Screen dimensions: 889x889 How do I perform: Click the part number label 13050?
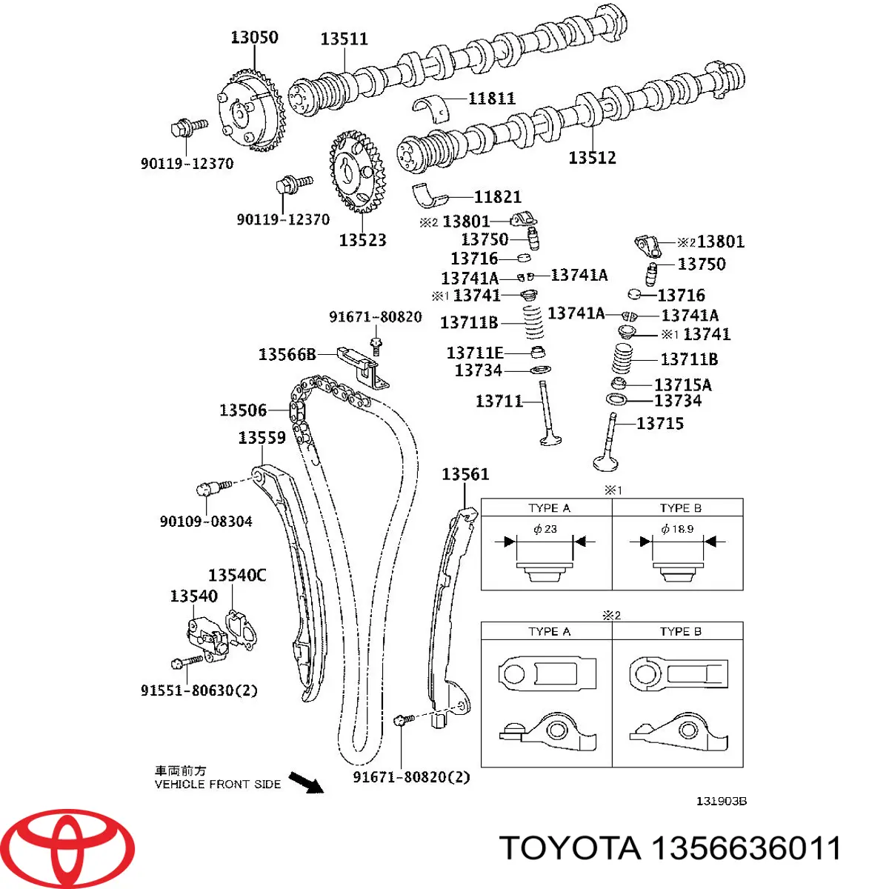pyautogui.click(x=254, y=37)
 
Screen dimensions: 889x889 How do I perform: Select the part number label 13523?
pyautogui.click(x=362, y=240)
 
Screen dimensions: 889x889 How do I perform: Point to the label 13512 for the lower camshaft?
pyautogui.click(x=592, y=157)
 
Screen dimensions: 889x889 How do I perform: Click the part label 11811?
pyautogui.click(x=491, y=98)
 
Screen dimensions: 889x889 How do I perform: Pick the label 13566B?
pyautogui.click(x=287, y=354)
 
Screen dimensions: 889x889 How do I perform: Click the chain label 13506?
pyautogui.click(x=243, y=410)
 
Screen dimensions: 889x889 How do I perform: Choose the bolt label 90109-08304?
pyautogui.click(x=206, y=522)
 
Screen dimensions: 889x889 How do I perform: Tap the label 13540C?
pyautogui.click(x=237, y=575)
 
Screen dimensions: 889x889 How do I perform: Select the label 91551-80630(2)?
pyautogui.click(x=199, y=690)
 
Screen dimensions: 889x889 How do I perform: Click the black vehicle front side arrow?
pyautogui.click(x=306, y=782)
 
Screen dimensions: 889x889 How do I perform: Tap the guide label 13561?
pyautogui.click(x=465, y=474)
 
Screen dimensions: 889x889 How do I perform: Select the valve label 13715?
pyautogui.click(x=659, y=423)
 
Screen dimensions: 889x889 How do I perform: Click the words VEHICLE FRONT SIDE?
pyautogui.click(x=218, y=784)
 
